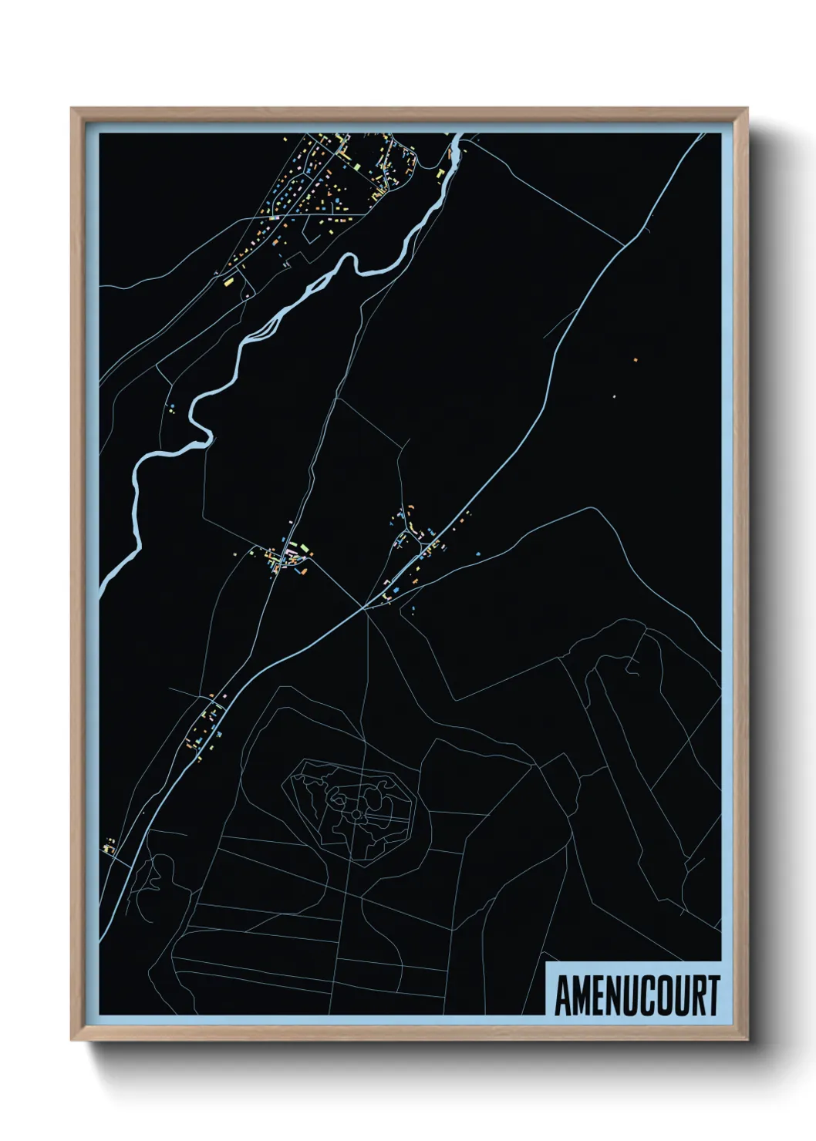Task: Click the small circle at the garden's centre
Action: click(356, 814)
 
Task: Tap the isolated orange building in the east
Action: click(635, 359)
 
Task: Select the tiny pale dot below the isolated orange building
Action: click(614, 397)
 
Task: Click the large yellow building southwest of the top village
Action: click(228, 283)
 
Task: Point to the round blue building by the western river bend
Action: click(172, 406)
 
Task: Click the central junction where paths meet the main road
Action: click(365, 608)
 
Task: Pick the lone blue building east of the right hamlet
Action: click(478, 553)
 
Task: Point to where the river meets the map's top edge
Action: click(457, 136)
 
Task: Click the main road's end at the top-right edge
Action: click(703, 135)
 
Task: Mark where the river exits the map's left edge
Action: click(102, 590)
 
